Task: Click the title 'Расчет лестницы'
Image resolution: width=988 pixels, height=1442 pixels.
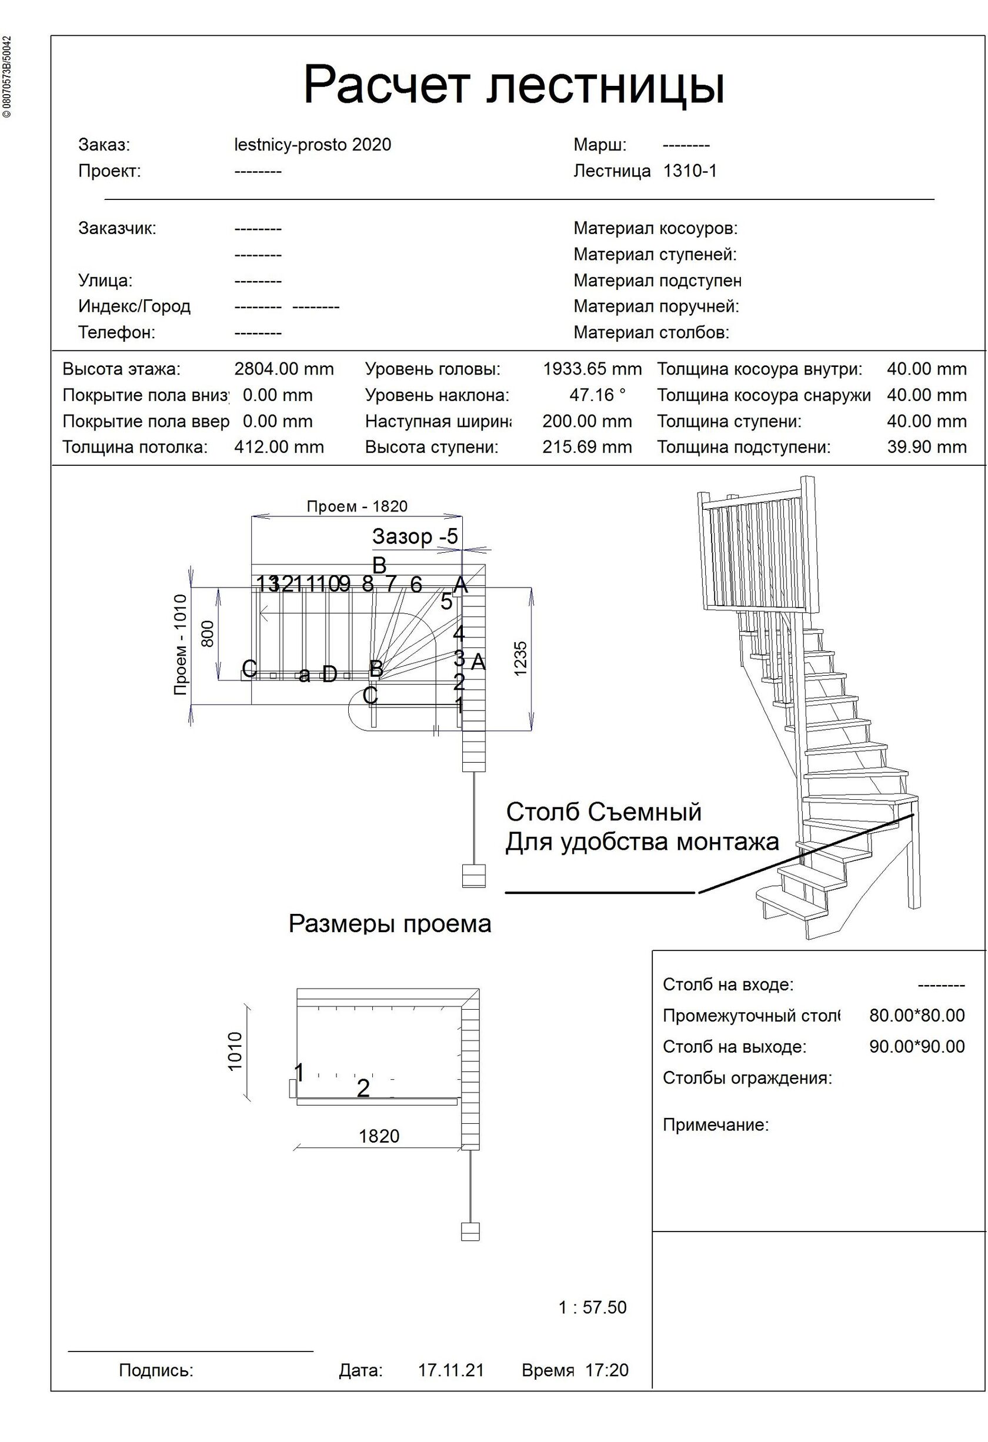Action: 513,86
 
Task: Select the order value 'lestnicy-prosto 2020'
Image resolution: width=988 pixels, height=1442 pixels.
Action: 312,145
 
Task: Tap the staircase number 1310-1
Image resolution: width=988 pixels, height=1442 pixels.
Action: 689,171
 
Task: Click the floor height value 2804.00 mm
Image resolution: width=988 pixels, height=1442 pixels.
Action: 283,369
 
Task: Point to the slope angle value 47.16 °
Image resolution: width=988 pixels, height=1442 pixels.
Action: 597,395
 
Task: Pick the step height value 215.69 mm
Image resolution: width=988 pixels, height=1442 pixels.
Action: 586,448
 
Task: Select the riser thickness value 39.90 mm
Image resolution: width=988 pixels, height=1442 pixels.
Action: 926,448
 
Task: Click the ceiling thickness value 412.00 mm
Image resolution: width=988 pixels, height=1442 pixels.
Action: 279,448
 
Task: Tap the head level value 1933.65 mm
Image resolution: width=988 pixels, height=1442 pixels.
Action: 592,369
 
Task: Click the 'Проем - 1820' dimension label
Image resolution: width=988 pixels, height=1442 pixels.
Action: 357,506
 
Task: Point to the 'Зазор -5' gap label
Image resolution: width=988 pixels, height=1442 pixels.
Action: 415,536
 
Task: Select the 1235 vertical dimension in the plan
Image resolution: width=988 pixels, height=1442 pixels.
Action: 520,657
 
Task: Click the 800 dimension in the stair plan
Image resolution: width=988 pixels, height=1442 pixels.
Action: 208,633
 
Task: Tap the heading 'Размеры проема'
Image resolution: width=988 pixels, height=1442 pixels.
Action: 390,924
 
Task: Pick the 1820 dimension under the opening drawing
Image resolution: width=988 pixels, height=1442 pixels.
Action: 379,1136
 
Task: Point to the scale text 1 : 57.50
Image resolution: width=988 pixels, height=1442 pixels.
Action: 592,1307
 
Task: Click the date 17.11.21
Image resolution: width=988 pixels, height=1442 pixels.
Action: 450,1370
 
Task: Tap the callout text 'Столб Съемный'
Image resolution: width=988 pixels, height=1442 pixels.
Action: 603,812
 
